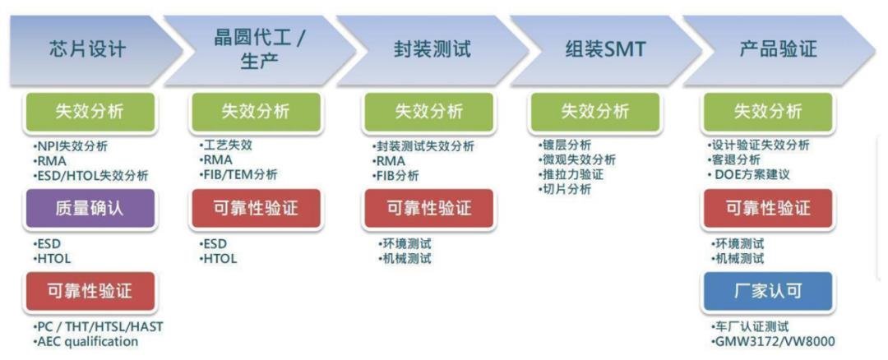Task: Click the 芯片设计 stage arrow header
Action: [x=88, y=49]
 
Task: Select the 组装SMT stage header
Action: [x=604, y=49]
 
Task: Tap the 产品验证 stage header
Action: [x=777, y=49]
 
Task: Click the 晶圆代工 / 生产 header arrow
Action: [x=259, y=49]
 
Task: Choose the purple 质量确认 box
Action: [x=90, y=208]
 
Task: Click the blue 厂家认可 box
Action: [x=767, y=291]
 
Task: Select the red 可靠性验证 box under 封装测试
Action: [x=428, y=208]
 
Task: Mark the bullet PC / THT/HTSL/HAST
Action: [x=98, y=326]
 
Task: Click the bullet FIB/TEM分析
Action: [x=238, y=174]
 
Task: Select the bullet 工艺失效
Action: [x=226, y=145]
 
